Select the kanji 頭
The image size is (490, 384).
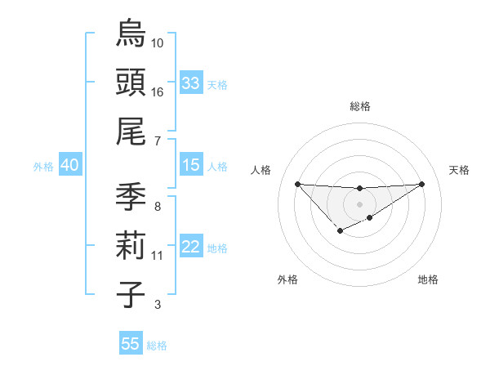pyautogui.click(x=131, y=81)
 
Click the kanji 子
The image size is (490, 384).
pyautogui.click(x=131, y=293)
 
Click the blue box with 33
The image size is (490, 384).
pyautogui.click(x=191, y=83)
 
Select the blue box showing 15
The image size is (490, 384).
pyautogui.click(x=191, y=165)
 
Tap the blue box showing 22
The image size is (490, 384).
pyautogui.click(x=191, y=248)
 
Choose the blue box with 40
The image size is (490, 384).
pyautogui.click(x=69, y=165)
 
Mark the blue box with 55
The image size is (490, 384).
pyautogui.click(x=131, y=344)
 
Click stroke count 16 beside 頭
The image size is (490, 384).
pyautogui.click(x=158, y=92)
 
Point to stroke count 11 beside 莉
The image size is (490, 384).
pyautogui.click(x=158, y=256)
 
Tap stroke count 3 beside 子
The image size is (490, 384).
pyautogui.click(x=157, y=305)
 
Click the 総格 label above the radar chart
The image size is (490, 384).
pyautogui.click(x=359, y=106)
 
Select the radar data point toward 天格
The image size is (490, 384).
pyautogui.click(x=421, y=183)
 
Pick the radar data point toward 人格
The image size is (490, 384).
pyautogui.click(x=297, y=183)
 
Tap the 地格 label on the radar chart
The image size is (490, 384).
pyautogui.click(x=428, y=279)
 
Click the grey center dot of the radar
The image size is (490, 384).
pyautogui.click(x=359, y=203)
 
